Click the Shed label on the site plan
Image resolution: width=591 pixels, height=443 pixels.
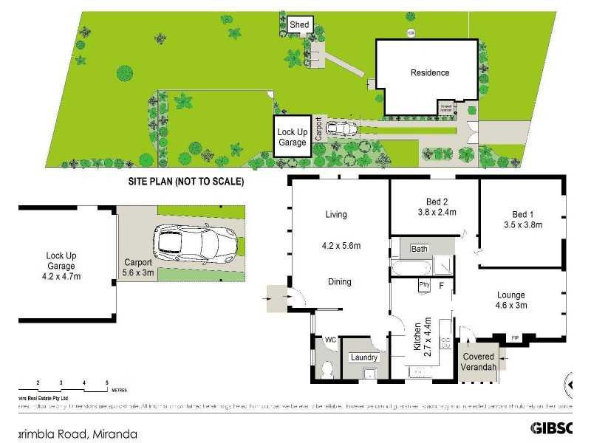298,25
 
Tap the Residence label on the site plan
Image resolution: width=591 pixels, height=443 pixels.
430,72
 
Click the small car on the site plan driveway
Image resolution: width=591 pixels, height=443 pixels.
341,129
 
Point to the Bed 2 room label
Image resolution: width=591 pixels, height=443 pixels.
437,202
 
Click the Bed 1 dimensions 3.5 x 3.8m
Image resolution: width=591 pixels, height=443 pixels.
522,224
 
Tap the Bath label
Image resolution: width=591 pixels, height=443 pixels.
420,249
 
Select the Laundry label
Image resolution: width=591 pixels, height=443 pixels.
365,358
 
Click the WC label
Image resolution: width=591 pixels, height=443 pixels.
330,340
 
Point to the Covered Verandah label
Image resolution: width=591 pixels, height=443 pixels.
478,362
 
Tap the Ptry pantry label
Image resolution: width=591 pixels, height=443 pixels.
424,284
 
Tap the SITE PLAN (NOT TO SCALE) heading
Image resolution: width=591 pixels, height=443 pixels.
185,181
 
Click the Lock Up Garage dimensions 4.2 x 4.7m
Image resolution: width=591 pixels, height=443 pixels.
62,276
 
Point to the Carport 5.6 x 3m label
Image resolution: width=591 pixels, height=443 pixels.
138,267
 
